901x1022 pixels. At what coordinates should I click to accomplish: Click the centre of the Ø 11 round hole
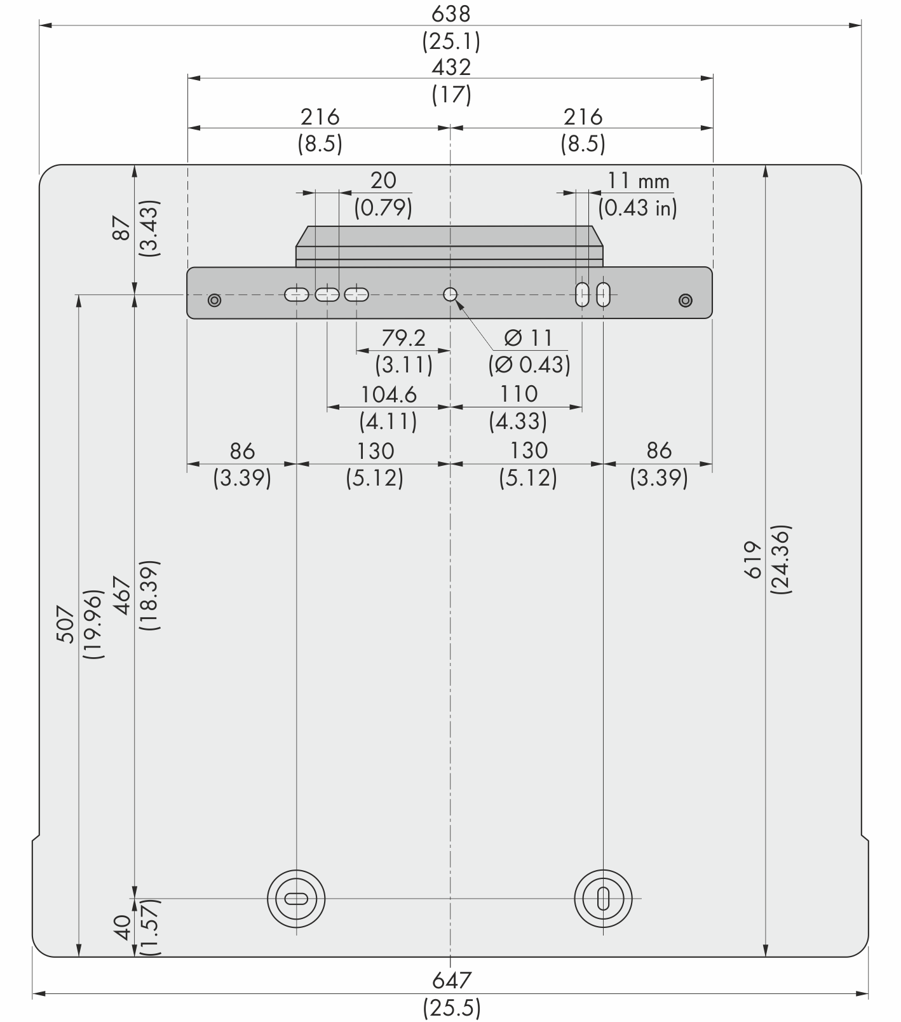point(450,294)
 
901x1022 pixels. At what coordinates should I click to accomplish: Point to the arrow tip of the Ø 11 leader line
point(456,300)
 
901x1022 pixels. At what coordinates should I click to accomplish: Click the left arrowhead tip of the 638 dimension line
point(39,26)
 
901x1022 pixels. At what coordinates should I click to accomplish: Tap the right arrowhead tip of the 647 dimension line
point(869,993)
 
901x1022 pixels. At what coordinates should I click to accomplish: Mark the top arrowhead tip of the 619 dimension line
point(766,165)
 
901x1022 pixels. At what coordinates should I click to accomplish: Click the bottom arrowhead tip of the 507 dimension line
point(79,957)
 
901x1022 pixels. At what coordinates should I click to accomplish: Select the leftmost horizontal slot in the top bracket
point(296,294)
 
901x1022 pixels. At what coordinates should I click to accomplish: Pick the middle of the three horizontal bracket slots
point(327,294)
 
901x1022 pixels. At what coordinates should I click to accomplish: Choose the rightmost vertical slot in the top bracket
point(604,294)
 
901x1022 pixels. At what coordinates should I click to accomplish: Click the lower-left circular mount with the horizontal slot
point(296,899)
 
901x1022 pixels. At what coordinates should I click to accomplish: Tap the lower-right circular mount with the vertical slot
point(603,899)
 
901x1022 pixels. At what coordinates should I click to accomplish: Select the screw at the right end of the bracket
point(685,299)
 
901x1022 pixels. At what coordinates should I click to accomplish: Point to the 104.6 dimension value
point(389,395)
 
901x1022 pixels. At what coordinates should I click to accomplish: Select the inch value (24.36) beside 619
point(781,559)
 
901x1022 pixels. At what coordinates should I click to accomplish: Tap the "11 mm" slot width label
point(638,181)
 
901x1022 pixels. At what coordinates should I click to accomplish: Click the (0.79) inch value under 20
point(383,208)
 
